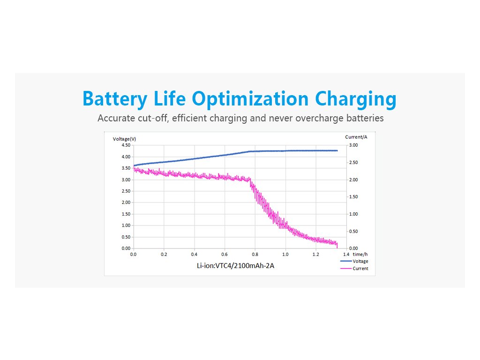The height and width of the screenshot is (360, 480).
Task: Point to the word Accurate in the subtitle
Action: coord(116,118)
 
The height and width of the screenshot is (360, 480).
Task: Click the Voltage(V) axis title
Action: coord(125,139)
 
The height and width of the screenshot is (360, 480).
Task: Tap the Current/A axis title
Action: coord(356,137)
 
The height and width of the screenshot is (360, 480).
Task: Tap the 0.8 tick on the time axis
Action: coord(255,255)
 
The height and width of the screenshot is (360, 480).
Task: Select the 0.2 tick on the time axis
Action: coord(164,255)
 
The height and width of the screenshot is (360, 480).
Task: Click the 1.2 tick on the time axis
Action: coord(316,255)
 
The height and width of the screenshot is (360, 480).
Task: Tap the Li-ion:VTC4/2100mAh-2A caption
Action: coord(236,266)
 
